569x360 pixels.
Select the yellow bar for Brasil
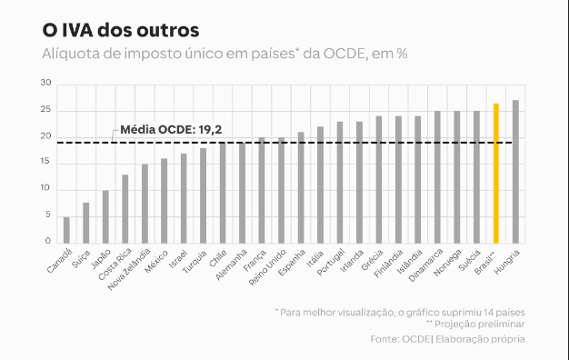pos(496,173)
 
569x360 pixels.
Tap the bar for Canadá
pos(66,229)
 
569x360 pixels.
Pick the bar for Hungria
pos(515,171)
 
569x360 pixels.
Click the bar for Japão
pos(105,216)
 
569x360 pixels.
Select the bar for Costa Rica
pos(125,208)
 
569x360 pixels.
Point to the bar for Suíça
pos(86,222)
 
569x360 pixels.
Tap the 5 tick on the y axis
pos(48,216)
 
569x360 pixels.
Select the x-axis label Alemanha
pos(231,265)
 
